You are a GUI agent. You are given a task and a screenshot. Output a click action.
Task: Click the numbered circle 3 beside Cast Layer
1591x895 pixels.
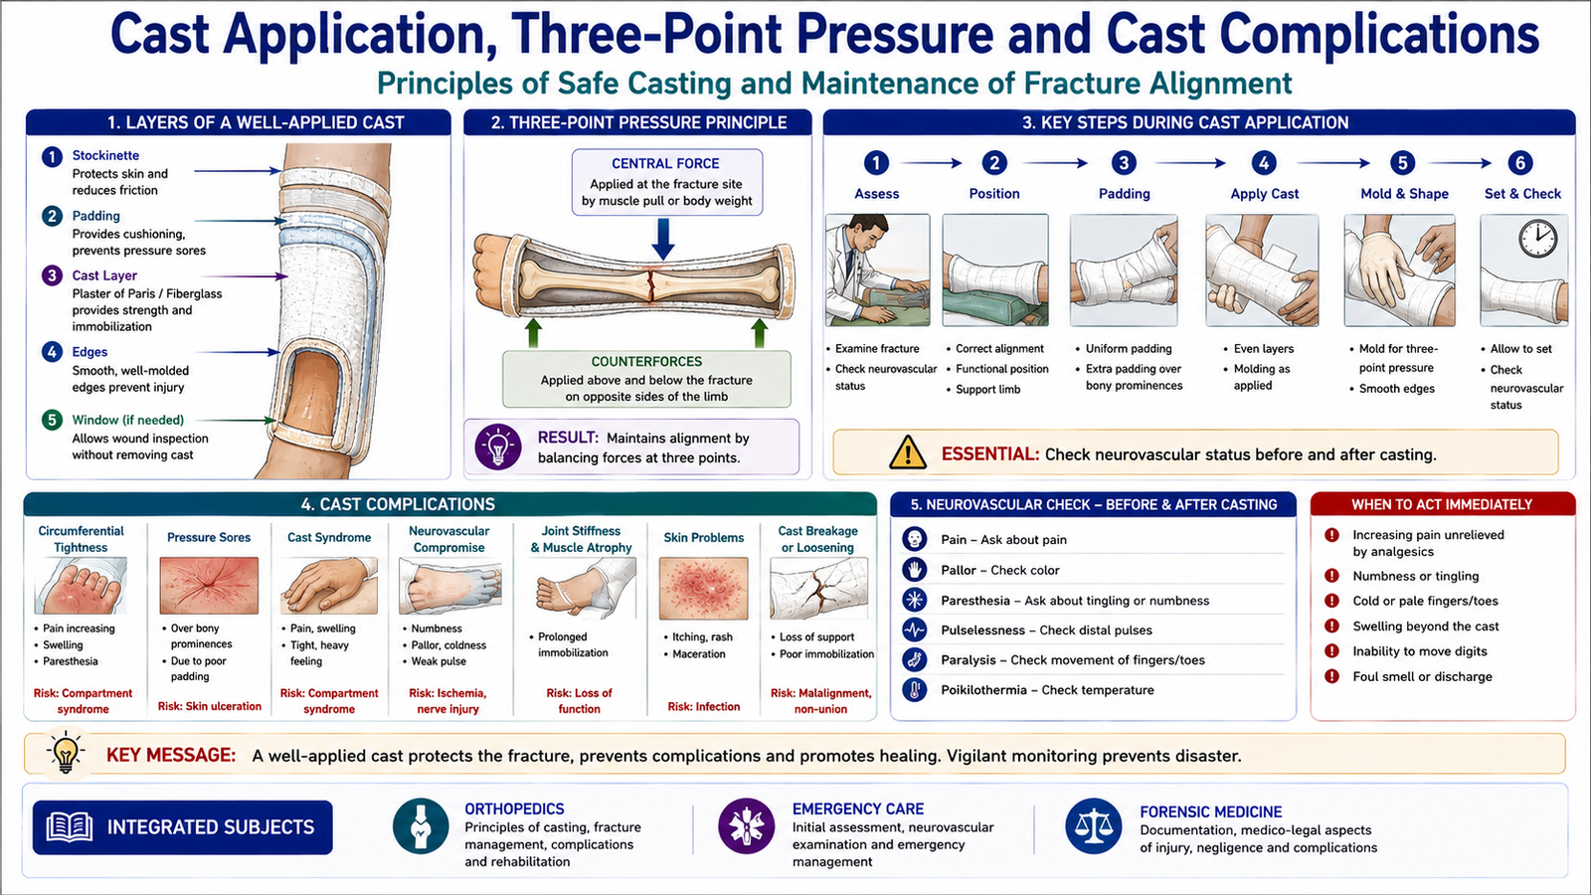coord(52,275)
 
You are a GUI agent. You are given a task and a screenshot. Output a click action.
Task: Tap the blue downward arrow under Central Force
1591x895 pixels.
coord(662,239)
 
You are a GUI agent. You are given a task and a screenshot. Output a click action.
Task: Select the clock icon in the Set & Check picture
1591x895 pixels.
coord(1537,240)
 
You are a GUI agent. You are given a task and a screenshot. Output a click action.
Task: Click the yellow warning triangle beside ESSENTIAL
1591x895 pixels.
coord(908,452)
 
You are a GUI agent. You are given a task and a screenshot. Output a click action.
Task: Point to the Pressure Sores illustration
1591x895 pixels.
coord(209,586)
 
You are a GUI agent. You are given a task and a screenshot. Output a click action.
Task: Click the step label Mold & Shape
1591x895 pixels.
coord(1404,194)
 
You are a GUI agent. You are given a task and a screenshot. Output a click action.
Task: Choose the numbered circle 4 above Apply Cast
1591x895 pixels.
coord(1264,163)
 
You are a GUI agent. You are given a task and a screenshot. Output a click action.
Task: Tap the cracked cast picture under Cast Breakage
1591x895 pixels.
coord(819,588)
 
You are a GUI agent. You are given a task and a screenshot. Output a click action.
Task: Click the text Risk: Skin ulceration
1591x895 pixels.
coord(210,706)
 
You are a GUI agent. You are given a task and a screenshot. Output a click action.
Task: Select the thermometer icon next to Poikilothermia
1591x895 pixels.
coord(914,690)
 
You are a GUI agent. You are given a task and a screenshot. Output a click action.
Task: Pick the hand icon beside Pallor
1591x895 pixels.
coord(914,570)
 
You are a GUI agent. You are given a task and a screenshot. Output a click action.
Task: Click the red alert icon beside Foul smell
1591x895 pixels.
coord(1331,676)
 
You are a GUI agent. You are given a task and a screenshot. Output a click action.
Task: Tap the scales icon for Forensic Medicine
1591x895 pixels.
coord(1093,826)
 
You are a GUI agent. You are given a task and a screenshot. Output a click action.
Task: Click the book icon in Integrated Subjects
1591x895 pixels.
coord(69,826)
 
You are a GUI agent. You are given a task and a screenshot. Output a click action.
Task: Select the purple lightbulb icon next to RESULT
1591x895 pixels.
coord(498,447)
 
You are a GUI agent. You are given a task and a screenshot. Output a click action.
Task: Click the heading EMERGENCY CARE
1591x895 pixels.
coord(858,809)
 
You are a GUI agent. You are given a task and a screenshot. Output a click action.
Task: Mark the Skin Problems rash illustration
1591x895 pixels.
coord(703,589)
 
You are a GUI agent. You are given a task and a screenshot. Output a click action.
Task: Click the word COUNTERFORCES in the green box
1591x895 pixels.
coord(646,362)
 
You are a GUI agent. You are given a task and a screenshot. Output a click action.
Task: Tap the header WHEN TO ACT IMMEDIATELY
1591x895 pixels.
coord(1442,505)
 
